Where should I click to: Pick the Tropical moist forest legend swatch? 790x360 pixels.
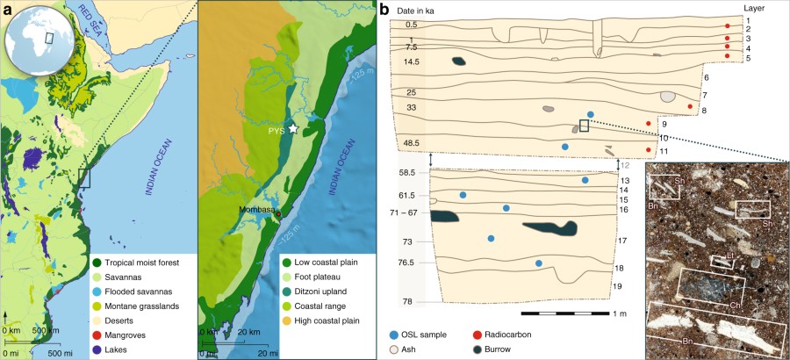(x=96, y=262)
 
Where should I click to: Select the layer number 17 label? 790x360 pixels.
(x=621, y=240)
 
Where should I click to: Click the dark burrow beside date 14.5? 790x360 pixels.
(x=459, y=61)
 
